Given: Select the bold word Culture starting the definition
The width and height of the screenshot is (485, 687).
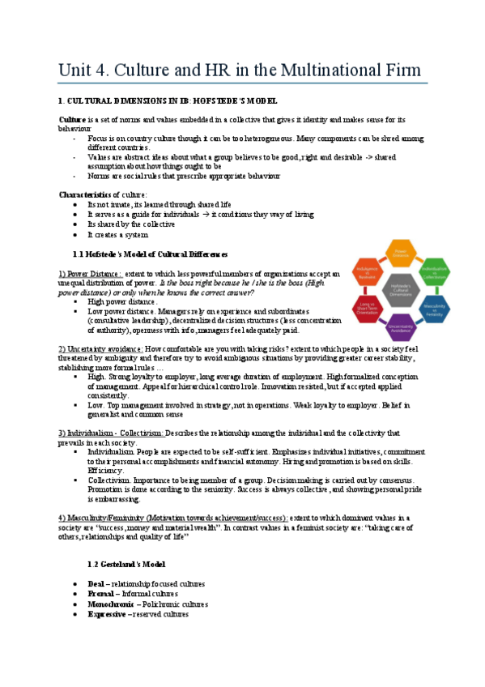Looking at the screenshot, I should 74,119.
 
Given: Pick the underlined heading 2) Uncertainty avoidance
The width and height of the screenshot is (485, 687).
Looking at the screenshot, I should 101,348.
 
